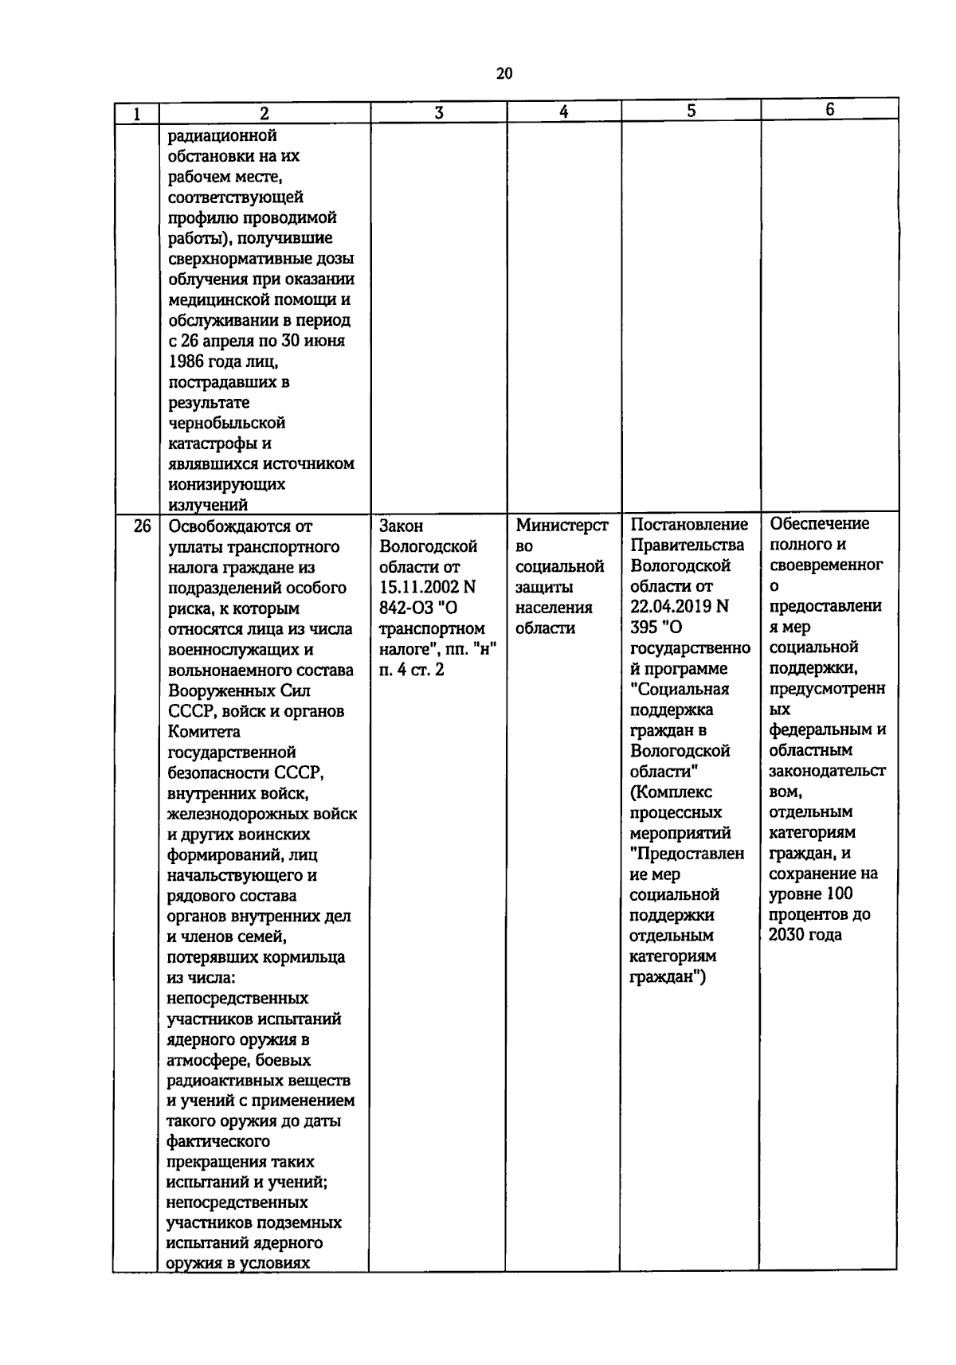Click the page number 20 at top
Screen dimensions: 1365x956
(x=503, y=74)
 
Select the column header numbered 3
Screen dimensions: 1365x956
(x=438, y=112)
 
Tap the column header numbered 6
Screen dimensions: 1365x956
(x=829, y=110)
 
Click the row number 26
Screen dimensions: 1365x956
(x=142, y=526)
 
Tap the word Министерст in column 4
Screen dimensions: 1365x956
(x=562, y=526)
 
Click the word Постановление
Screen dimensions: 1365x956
(x=689, y=525)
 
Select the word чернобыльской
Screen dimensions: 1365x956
(x=226, y=423)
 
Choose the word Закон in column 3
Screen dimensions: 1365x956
(x=402, y=526)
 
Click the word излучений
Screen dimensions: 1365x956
(x=208, y=505)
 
